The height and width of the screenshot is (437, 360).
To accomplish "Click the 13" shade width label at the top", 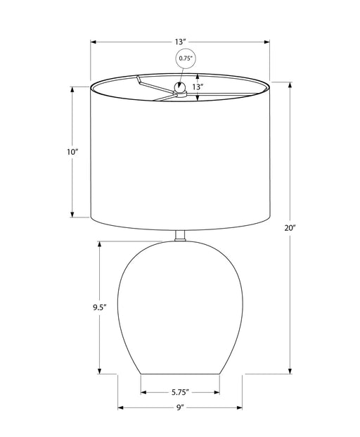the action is (180, 42).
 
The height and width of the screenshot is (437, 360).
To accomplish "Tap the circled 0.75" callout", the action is (186, 58).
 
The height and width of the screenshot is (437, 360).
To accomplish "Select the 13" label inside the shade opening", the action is (196, 87).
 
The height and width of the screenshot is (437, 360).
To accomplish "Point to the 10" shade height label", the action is (72, 152).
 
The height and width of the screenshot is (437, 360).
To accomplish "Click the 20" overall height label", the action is (290, 228).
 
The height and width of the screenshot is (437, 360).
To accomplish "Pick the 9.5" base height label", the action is (100, 308).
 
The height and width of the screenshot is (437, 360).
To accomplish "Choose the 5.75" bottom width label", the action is (180, 393).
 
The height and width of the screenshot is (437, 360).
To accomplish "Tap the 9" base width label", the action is (180, 407).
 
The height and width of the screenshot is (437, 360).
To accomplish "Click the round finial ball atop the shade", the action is (179, 87).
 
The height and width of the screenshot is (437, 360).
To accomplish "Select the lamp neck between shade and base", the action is (180, 236).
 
